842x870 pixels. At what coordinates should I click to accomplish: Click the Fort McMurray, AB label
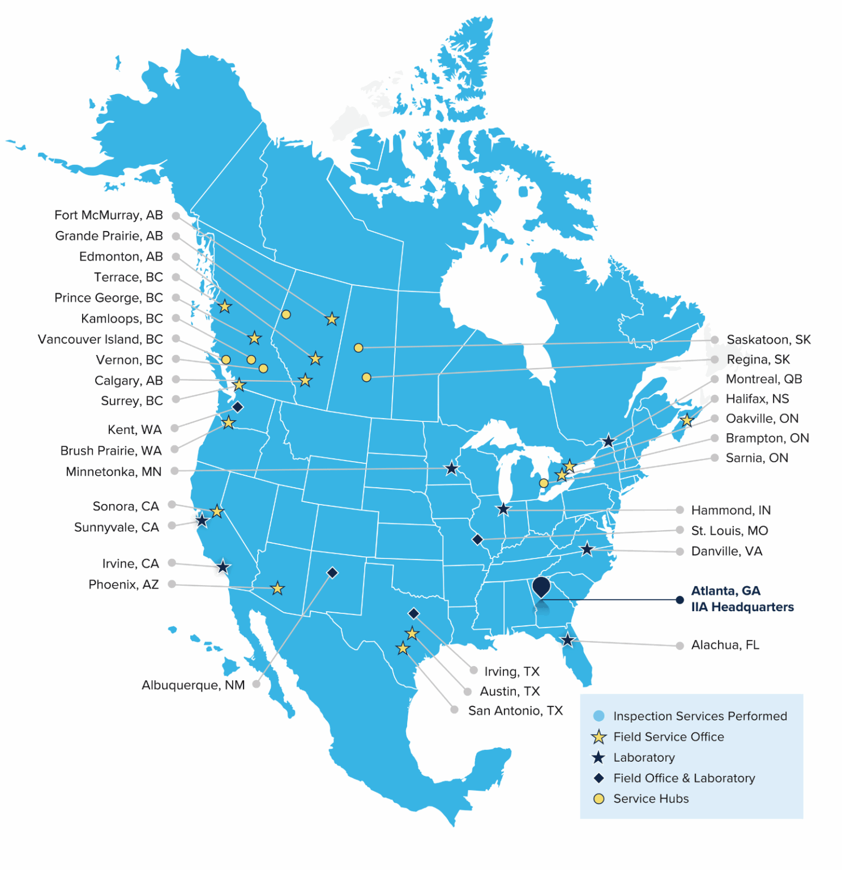(108, 215)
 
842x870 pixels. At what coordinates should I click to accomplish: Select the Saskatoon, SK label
(768, 340)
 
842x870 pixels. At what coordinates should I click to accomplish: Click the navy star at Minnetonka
(451, 469)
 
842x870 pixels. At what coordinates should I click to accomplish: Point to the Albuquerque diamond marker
(332, 573)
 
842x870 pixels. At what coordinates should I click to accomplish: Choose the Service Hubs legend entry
(651, 799)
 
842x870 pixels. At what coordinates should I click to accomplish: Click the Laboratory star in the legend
(599, 758)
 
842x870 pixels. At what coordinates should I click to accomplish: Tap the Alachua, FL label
(725, 645)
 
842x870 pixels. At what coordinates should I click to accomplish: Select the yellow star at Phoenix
(277, 588)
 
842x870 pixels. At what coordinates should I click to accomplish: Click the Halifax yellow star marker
(687, 421)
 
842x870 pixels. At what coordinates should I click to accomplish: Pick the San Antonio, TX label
(515, 711)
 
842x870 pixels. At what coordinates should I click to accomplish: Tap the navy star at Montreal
(608, 441)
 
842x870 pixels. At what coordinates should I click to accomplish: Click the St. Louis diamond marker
(477, 539)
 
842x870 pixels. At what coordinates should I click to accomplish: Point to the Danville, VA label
(726, 551)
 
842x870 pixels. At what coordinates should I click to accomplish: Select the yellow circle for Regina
(366, 377)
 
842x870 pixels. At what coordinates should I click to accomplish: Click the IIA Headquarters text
(742, 607)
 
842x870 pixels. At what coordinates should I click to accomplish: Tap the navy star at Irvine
(223, 566)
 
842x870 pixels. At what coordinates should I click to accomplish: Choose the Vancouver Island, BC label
(100, 339)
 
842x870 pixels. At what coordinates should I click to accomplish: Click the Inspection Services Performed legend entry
(699, 716)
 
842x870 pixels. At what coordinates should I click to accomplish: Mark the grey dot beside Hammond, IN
(679, 510)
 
